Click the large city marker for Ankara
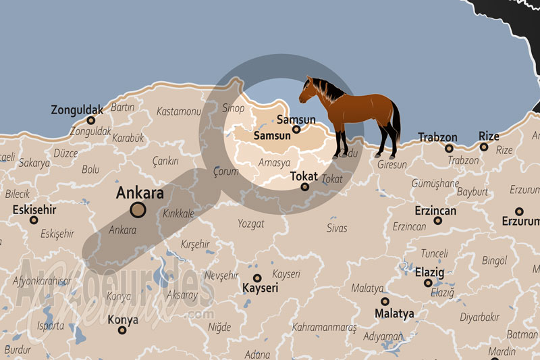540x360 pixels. pos(138,210)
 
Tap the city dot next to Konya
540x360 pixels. pos(122,330)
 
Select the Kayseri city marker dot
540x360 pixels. pos(257,278)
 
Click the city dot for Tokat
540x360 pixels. pos(304,186)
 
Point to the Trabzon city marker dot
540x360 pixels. pos(449,149)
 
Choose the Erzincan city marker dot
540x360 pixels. pos(437,221)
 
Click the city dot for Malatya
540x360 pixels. pos(385,301)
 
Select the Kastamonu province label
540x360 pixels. pos(179,111)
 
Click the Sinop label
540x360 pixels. pos(234,107)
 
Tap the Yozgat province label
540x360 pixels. pos(250,224)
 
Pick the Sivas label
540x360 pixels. pos(337,228)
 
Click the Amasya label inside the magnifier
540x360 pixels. pos(275,163)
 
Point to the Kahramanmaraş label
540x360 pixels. pos(324,328)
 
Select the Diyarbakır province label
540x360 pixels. pos(479,316)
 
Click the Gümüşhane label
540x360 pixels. pos(435,183)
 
